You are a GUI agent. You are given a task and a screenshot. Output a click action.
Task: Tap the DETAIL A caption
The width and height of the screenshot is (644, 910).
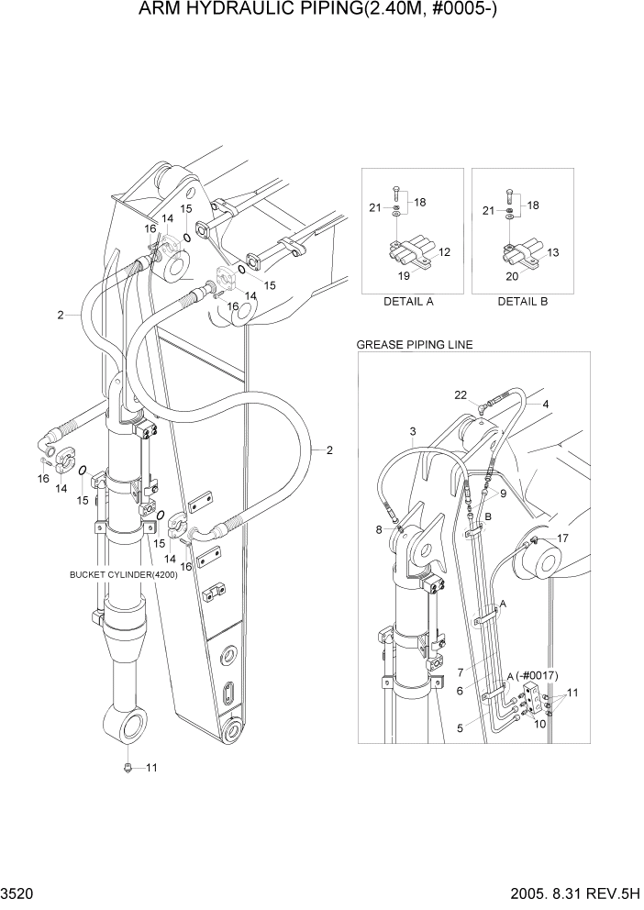click(408, 301)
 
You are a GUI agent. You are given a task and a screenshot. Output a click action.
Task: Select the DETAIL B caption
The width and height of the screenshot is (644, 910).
click(522, 301)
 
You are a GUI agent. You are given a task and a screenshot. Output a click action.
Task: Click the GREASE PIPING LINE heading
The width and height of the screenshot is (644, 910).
click(414, 345)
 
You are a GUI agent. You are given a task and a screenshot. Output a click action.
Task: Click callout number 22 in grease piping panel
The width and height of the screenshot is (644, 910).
click(461, 394)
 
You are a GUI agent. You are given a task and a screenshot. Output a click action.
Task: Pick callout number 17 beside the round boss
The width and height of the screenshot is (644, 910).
click(563, 538)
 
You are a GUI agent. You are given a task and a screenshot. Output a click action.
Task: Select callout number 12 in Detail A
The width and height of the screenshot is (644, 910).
click(444, 251)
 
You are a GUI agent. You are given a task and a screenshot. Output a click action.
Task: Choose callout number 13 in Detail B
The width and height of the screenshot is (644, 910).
click(553, 251)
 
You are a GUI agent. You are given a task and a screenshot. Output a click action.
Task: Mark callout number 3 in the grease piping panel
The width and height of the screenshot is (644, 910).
click(413, 431)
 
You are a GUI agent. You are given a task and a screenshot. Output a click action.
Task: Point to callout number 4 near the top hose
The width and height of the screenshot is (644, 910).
click(546, 404)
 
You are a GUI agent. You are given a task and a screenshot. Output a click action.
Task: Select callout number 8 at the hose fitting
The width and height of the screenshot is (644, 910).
click(380, 529)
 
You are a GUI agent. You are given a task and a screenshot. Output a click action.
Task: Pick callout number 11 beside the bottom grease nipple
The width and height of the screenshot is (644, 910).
click(152, 767)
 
